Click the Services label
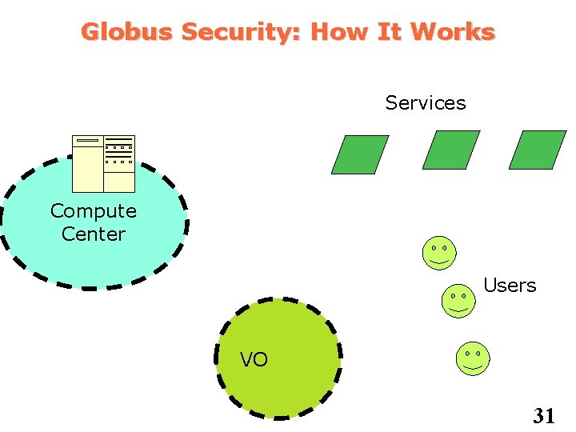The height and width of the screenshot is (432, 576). (425, 103)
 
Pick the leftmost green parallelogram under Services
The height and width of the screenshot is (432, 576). (360, 154)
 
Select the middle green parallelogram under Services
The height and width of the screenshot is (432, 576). (450, 150)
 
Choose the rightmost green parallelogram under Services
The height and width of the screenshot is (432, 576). (537, 150)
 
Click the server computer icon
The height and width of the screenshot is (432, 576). (103, 164)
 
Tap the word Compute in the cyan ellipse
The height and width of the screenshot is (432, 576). (93, 211)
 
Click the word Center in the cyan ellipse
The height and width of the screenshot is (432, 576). (93, 234)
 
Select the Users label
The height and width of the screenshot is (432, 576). (510, 286)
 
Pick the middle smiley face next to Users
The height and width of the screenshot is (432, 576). (458, 301)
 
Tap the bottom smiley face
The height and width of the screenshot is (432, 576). (472, 358)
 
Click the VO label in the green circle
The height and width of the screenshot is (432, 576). (254, 360)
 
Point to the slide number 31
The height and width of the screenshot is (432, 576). (544, 415)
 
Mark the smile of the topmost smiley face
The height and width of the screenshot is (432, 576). (439, 261)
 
